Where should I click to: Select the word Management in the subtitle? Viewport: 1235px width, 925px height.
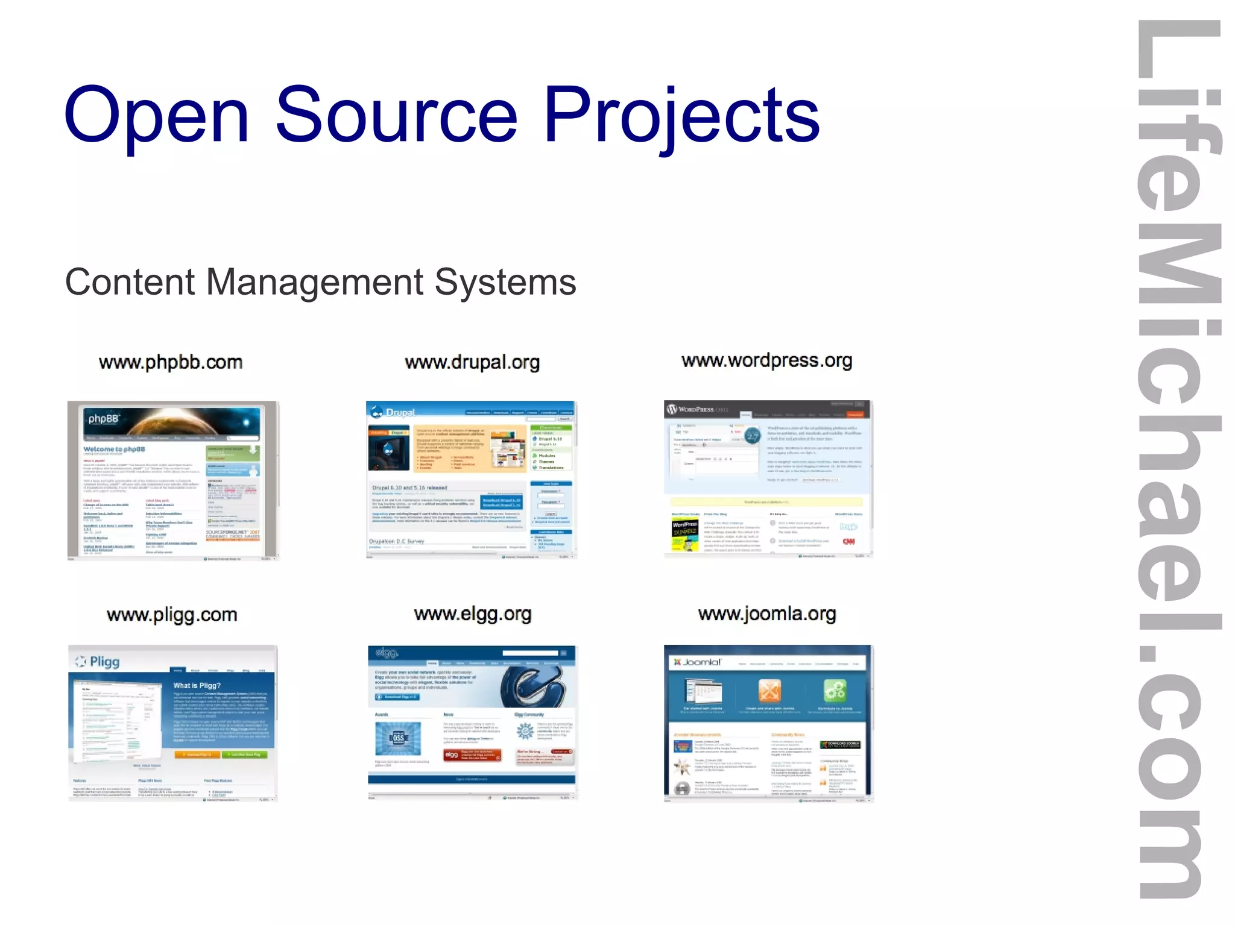[x=315, y=281]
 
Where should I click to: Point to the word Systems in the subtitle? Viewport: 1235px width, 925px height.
[x=505, y=281]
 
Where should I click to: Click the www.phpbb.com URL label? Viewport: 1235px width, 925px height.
[x=171, y=362]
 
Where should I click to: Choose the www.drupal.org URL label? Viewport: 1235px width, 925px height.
[x=472, y=362]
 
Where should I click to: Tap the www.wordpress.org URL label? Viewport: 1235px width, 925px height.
[x=766, y=360]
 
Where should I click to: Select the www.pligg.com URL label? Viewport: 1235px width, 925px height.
[x=172, y=615]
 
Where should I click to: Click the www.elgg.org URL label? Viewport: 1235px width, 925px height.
[x=473, y=614]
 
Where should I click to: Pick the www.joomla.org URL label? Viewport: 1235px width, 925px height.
[x=767, y=613]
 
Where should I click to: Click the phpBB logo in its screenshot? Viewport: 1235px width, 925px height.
[x=104, y=419]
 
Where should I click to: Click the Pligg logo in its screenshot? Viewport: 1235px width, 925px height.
[x=98, y=662]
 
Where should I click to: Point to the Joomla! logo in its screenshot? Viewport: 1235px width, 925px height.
[x=698, y=662]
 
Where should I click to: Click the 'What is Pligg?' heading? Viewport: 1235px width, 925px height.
[x=197, y=686]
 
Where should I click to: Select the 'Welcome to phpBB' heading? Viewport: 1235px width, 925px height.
[x=114, y=450]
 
